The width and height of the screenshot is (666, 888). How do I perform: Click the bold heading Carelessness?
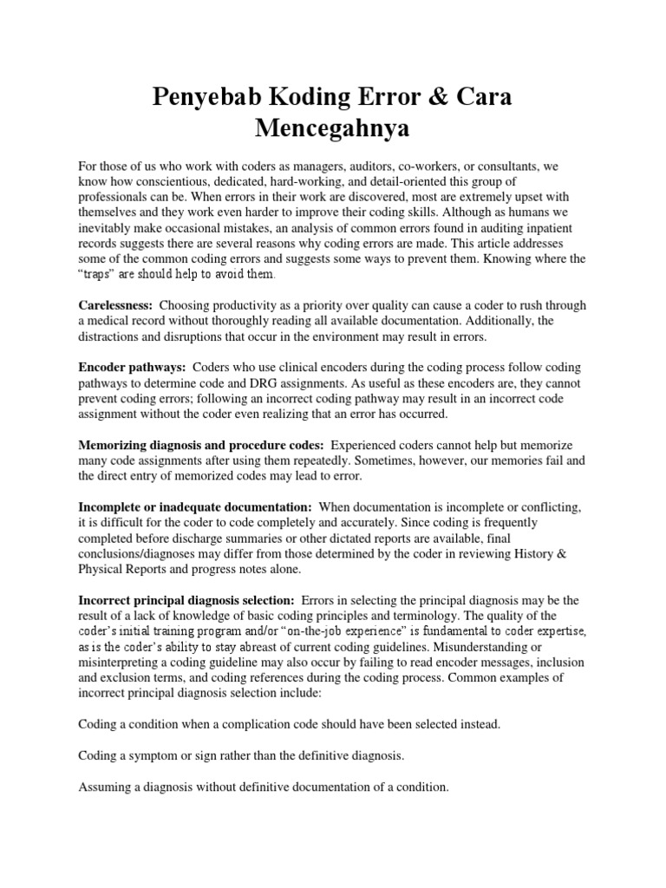(115, 305)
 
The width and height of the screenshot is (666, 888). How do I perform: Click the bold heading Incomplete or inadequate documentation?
(195, 506)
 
